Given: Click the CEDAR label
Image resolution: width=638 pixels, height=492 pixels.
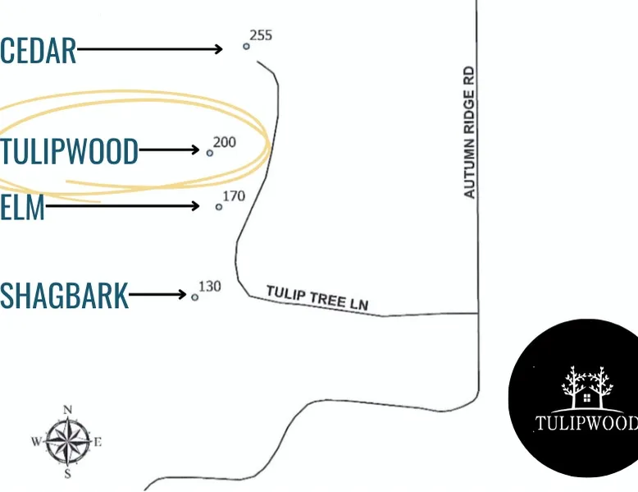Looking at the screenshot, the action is point(39,51).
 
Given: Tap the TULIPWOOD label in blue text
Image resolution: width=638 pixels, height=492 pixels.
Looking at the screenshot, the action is point(69,151).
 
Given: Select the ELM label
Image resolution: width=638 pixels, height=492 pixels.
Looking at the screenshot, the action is point(22,208).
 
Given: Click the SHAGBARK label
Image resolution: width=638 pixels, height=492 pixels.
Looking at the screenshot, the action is point(64,296).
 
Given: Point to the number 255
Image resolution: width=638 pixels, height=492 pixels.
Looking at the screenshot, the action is point(261,35).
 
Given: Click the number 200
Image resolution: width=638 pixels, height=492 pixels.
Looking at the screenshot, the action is point(225,142).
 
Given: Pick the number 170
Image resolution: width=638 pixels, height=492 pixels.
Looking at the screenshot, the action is point(234,196).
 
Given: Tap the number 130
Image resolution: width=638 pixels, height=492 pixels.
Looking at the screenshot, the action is point(210,287).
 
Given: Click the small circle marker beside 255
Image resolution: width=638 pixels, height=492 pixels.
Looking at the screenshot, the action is point(246,47).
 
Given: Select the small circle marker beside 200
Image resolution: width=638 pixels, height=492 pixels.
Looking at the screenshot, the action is point(210,154).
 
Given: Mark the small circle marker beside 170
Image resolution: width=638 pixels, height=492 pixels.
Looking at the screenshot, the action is point(219,207).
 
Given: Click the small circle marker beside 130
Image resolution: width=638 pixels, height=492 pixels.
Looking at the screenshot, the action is point(195,297).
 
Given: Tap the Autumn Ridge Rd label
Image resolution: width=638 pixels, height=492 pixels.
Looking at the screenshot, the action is point(469,132).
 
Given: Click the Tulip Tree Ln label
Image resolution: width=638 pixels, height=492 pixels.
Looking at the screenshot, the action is point(317,298).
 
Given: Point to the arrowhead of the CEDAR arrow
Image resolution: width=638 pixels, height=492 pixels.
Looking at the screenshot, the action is point(219,49).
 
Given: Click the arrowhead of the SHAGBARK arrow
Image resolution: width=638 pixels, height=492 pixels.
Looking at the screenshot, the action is point(183,294).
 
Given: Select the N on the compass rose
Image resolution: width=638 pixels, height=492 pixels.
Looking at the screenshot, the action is point(68,410).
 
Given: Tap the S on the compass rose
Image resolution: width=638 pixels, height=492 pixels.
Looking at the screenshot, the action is point(68,474).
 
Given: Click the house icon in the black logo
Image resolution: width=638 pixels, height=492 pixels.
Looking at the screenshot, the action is point(587,397).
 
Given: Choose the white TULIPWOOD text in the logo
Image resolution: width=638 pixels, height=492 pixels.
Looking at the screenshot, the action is point(586,423).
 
